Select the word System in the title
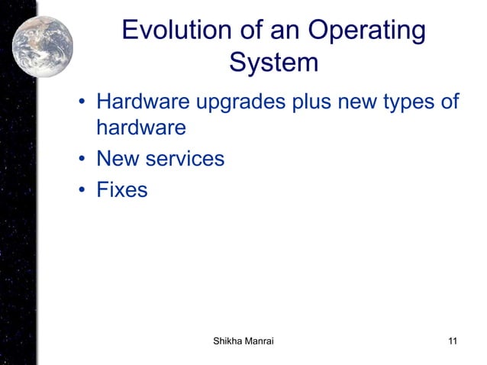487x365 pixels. coord(273,63)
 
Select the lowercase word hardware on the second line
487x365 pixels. coord(140,128)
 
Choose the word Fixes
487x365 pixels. coord(121,189)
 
